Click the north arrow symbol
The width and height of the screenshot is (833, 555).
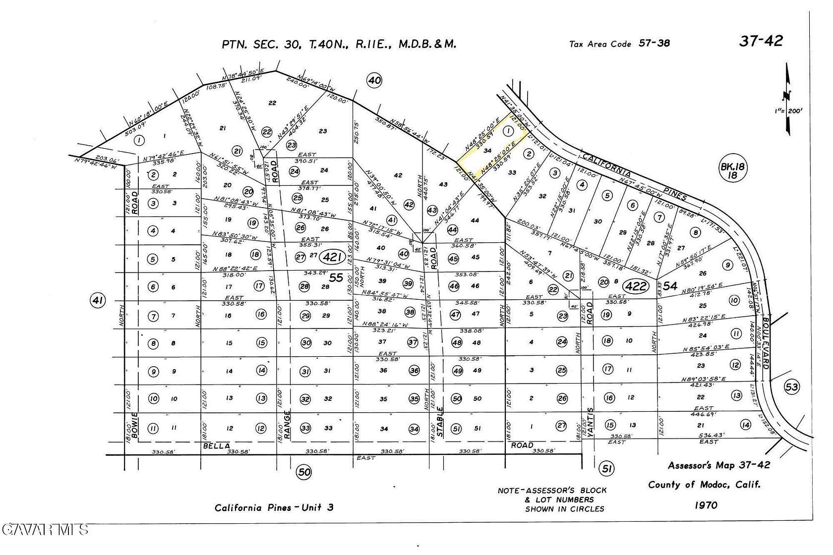[788, 99]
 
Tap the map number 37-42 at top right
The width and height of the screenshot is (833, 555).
[761, 41]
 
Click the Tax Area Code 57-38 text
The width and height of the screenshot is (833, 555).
[619, 44]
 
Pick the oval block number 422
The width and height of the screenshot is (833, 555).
[636, 286]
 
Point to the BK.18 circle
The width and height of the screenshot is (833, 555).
[733, 171]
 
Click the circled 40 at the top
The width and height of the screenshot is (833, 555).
[374, 80]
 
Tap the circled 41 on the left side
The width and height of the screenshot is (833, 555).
[98, 300]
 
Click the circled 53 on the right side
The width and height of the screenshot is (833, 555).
[792, 387]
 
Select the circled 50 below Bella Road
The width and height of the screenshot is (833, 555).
[304, 472]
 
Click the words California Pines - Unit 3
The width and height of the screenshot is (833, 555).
[274, 507]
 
